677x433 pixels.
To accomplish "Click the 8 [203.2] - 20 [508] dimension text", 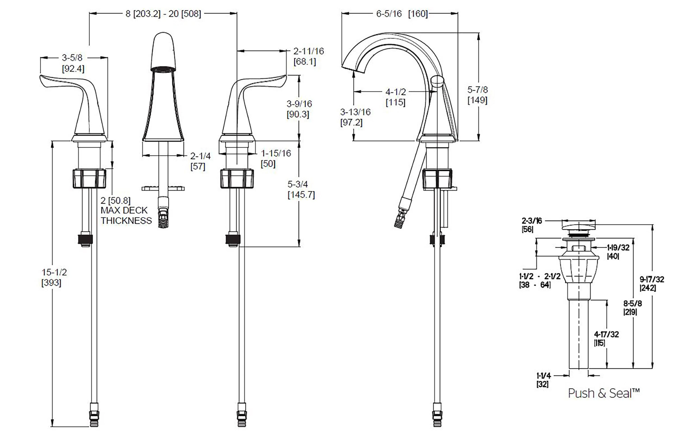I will click(x=163, y=14).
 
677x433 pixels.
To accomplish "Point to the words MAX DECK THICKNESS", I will click(x=126, y=215).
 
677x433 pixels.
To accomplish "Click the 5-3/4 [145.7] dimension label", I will click(x=301, y=189).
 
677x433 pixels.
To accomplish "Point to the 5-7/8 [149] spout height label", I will click(x=477, y=95).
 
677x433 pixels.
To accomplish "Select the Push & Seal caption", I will click(x=603, y=393).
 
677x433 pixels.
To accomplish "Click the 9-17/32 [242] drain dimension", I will click(x=651, y=284).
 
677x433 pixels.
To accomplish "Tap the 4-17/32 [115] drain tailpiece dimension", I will click(x=606, y=338).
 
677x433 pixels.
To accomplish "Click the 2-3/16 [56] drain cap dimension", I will click(x=531, y=225).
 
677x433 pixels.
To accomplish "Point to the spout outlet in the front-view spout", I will click(x=163, y=69).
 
